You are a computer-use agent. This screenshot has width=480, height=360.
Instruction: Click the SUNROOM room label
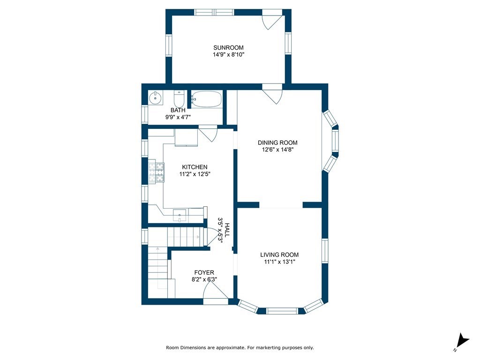tap(228, 48)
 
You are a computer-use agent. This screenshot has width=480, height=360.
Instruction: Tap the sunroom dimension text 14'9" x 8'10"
tap(228, 55)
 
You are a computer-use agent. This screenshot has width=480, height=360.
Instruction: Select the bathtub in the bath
tap(206, 99)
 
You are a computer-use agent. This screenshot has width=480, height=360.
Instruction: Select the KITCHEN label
tap(195, 167)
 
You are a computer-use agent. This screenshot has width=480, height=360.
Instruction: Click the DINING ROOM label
tap(277, 143)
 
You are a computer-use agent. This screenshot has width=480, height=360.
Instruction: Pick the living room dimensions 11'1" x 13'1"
tap(279, 262)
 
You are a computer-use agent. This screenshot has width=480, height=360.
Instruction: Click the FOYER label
tap(204, 272)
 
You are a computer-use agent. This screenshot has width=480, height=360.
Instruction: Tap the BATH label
tap(178, 111)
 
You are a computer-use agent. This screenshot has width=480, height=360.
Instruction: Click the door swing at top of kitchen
tap(207, 133)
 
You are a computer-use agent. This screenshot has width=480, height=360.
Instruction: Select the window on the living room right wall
tap(324, 251)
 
